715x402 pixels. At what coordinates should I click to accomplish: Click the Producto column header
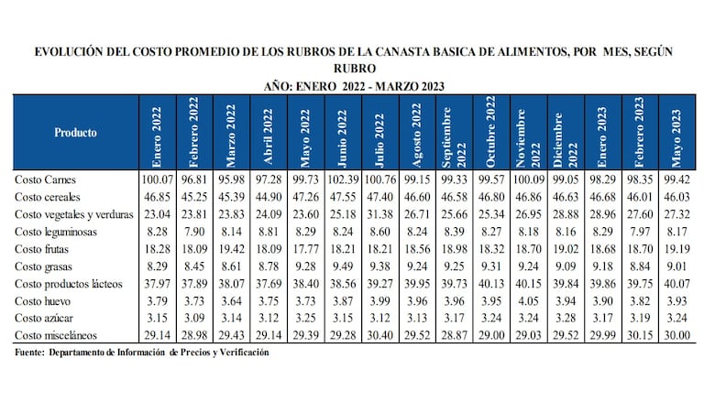coord(75,132)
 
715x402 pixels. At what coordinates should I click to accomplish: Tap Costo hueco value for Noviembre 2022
coord(525,301)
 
